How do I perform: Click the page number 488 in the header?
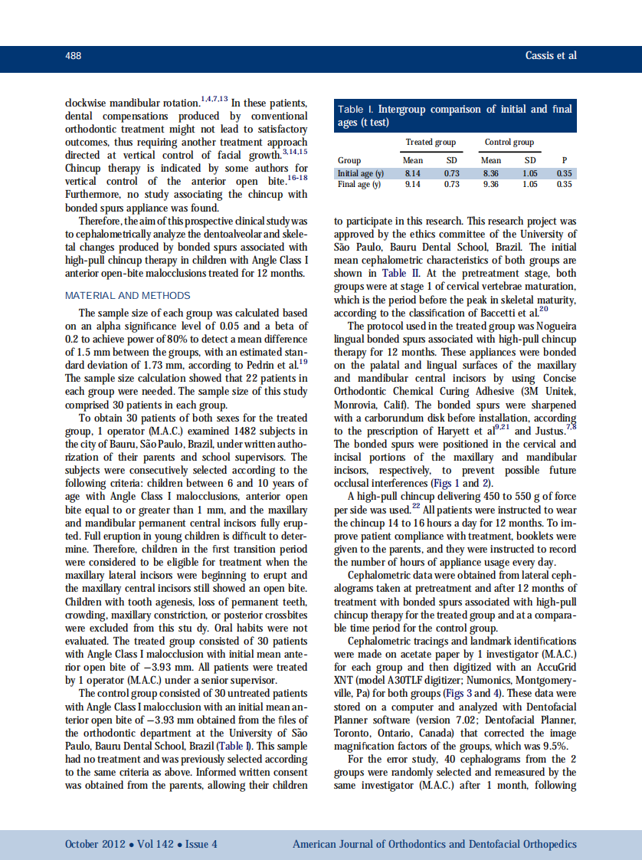point(74,56)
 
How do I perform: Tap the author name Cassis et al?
point(550,55)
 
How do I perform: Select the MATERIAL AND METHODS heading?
point(128,295)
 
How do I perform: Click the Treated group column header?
point(431,142)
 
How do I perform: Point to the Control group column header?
point(509,142)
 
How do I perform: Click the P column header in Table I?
point(564,160)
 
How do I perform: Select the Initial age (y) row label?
point(361,174)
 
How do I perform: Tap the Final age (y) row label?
point(359,184)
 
